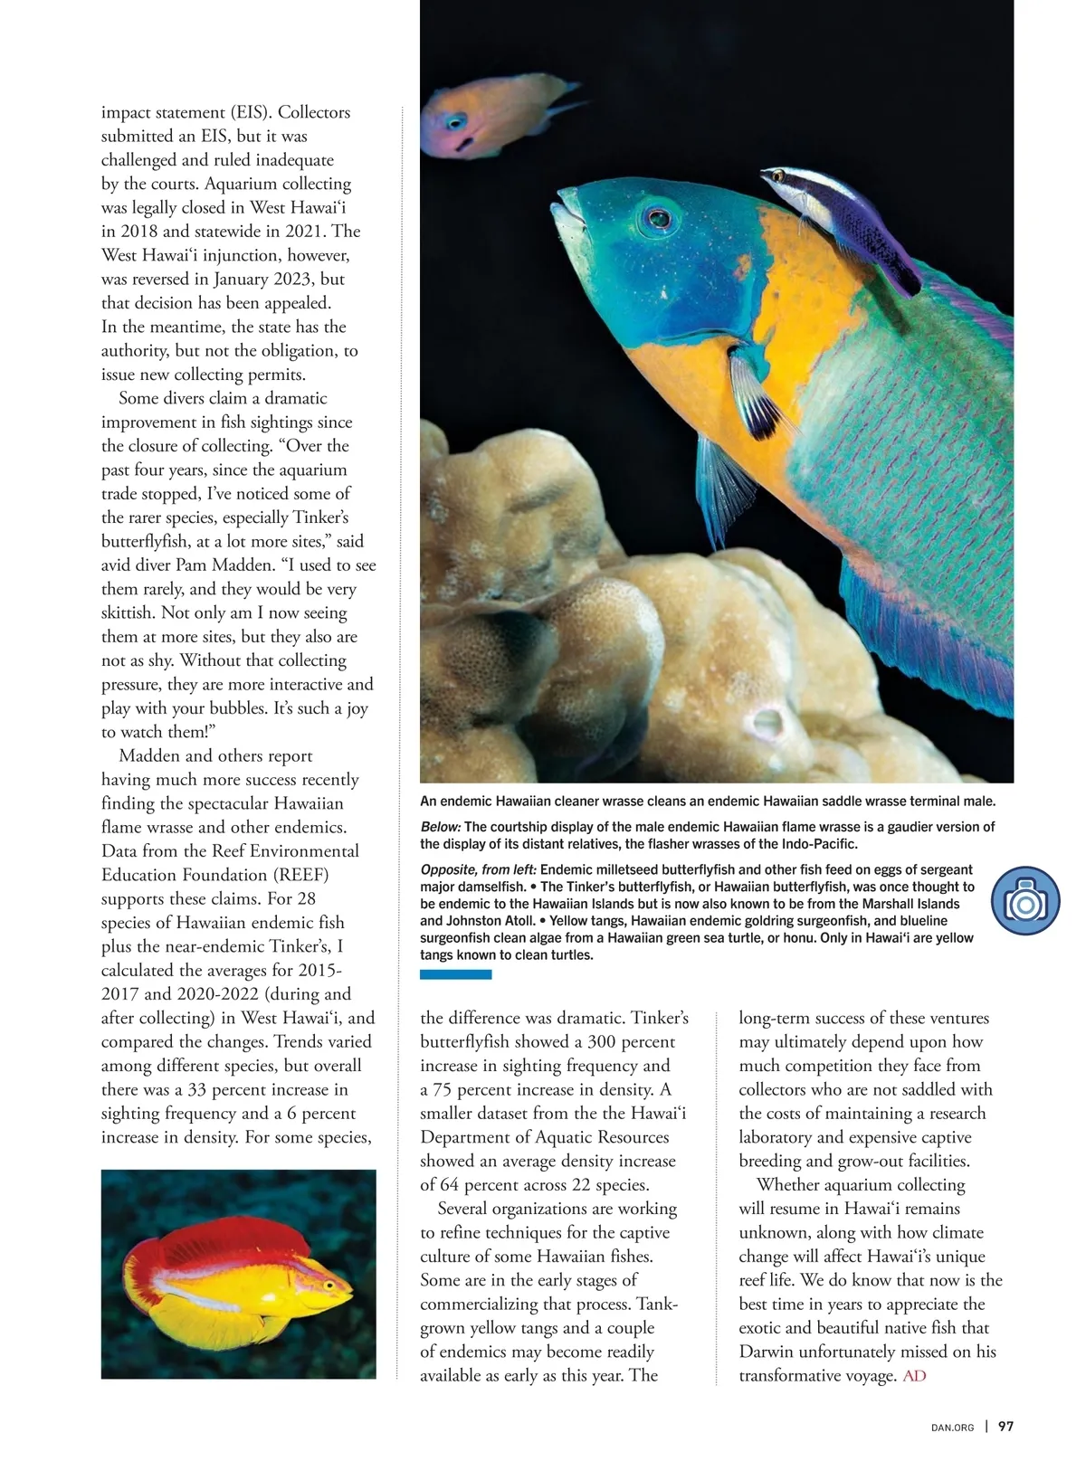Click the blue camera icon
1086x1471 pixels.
click(1025, 902)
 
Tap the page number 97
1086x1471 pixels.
click(1005, 1427)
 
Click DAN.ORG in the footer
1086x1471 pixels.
click(952, 1428)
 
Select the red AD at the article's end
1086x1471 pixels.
click(915, 1376)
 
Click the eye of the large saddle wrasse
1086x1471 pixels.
click(658, 218)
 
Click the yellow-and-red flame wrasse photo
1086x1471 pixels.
click(238, 1274)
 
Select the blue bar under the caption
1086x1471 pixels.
click(456, 974)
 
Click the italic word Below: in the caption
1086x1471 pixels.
click(441, 827)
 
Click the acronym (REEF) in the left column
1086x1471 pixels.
click(300, 875)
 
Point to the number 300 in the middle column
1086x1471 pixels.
click(605, 1042)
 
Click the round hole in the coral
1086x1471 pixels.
click(767, 724)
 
